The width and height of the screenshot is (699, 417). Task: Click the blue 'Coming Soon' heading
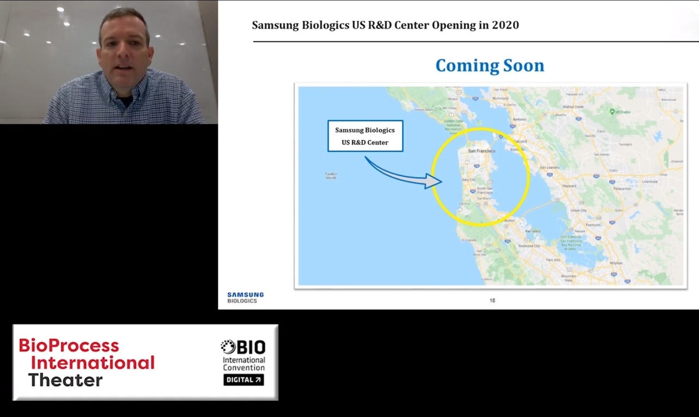click(x=489, y=65)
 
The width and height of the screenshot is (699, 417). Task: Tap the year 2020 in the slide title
click(x=506, y=25)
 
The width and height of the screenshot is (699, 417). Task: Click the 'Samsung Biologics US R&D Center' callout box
click(x=365, y=136)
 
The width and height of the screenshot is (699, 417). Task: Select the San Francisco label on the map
click(x=481, y=151)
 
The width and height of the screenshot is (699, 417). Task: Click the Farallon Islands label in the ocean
click(x=331, y=175)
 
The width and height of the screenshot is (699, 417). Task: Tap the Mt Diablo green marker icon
click(x=612, y=111)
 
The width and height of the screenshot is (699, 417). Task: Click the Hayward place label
click(x=569, y=186)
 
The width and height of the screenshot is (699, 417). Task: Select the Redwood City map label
click(x=529, y=246)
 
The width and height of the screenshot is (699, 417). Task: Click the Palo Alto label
click(x=553, y=260)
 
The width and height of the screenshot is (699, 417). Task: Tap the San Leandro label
click(x=550, y=167)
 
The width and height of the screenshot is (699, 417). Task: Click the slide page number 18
click(x=492, y=301)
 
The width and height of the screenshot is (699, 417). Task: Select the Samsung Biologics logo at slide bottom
click(x=245, y=297)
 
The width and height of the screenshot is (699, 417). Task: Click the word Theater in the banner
click(x=65, y=380)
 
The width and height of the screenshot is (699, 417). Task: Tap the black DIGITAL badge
click(x=244, y=379)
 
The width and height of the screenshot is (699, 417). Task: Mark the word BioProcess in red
click(x=69, y=345)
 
